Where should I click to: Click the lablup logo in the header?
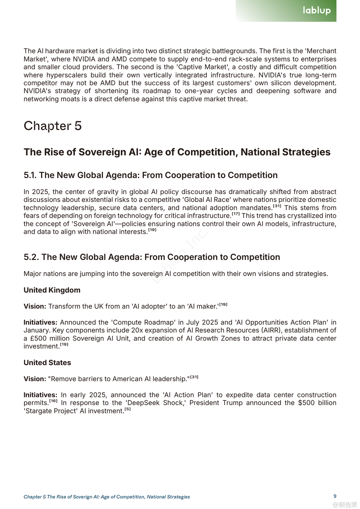[x=316, y=11]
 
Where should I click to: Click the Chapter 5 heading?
[x=53, y=126]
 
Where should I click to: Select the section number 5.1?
[x=30, y=175]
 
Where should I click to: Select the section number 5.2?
[x=31, y=257]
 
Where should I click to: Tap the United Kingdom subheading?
[x=52, y=290]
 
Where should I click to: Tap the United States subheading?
[x=47, y=362]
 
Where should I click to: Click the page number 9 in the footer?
[x=335, y=496]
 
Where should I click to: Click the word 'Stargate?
[x=37, y=411]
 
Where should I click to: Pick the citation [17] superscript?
[x=236, y=214]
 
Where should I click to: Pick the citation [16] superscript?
[x=53, y=401]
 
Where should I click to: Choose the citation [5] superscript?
[x=128, y=409]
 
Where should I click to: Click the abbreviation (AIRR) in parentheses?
[x=271, y=330]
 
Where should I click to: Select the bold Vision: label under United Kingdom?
[x=35, y=306]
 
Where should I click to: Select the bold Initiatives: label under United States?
[x=40, y=395]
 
